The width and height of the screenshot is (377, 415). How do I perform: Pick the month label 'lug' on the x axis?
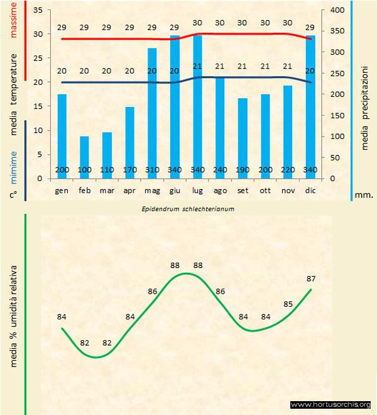pos(197,189)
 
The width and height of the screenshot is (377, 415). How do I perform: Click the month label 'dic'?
pos(310,189)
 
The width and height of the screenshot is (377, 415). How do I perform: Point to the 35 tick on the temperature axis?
pos(36,11)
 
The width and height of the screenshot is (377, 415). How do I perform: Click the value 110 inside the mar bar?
pos(107,170)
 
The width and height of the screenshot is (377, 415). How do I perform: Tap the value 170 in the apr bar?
pos(129,170)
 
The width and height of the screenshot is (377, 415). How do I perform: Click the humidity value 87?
pos(311,279)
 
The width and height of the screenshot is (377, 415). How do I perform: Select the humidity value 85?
pos(288,304)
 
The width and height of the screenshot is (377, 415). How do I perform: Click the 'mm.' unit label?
pos(364,195)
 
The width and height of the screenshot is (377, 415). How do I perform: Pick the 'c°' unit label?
pos(13,195)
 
